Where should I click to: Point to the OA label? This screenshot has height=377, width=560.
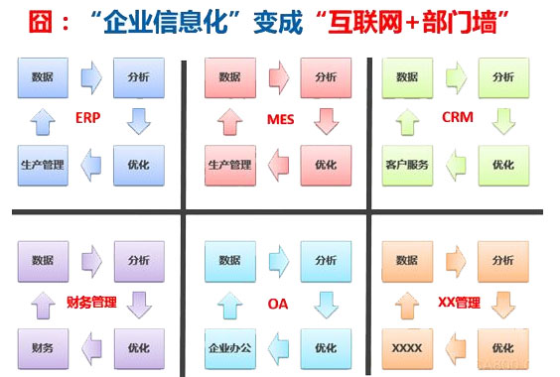pyautogui.click(x=278, y=305)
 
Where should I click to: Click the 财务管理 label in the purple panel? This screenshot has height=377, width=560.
pyautogui.click(x=92, y=303)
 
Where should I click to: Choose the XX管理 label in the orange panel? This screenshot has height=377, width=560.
pyautogui.click(x=461, y=303)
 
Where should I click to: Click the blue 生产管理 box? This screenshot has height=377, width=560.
pyautogui.click(x=43, y=165)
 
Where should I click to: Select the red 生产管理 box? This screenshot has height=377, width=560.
pyautogui.click(x=228, y=165)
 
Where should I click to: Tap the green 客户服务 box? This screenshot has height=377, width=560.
pyautogui.click(x=406, y=165)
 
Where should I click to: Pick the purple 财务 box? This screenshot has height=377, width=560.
pyautogui.click(x=43, y=348)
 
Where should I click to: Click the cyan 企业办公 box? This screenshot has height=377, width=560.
pyautogui.click(x=228, y=348)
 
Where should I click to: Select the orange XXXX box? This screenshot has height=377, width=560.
pyautogui.click(x=406, y=348)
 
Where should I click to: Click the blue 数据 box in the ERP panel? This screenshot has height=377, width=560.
pyautogui.click(x=43, y=76)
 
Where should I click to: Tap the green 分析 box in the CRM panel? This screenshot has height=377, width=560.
pyautogui.click(x=502, y=76)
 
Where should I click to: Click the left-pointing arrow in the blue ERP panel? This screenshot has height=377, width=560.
pyautogui.click(x=90, y=165)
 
